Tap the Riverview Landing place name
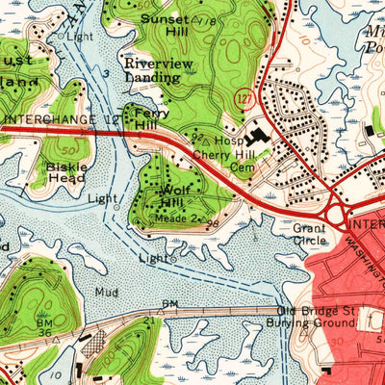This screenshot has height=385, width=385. point(159,70)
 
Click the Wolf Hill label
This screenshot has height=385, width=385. point(169,198)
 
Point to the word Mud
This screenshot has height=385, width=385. point(107,291)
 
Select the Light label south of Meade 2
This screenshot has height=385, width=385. point(153,258)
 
